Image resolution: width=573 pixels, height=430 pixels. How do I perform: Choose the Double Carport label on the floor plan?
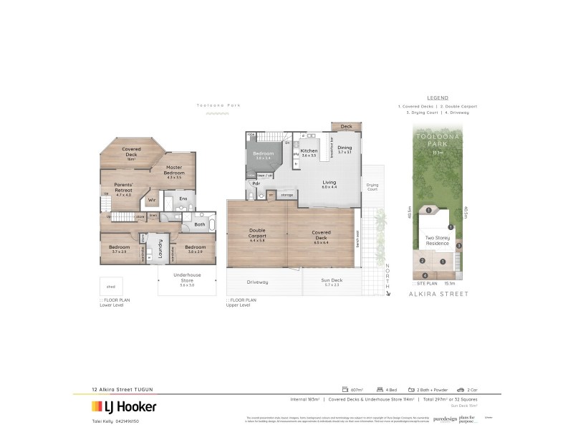click(257, 234)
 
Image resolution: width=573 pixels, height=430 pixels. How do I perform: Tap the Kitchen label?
click(309, 152)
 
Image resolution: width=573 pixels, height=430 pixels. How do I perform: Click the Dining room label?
click(345, 149)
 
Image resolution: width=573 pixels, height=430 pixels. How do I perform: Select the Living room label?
click(329, 183)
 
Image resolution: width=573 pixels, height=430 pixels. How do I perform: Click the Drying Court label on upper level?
click(372, 186)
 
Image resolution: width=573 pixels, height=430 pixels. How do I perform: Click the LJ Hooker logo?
click(123, 406)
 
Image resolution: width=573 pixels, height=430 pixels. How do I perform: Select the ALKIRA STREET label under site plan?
click(438, 294)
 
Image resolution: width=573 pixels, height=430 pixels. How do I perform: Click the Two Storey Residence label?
click(437, 240)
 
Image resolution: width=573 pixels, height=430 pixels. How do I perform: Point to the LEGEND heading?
click(437, 97)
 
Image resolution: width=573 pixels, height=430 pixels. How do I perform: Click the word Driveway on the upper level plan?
click(257, 282)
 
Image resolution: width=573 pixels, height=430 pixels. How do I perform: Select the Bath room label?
click(200, 224)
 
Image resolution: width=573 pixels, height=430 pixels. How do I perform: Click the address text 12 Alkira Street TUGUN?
click(122, 389)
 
